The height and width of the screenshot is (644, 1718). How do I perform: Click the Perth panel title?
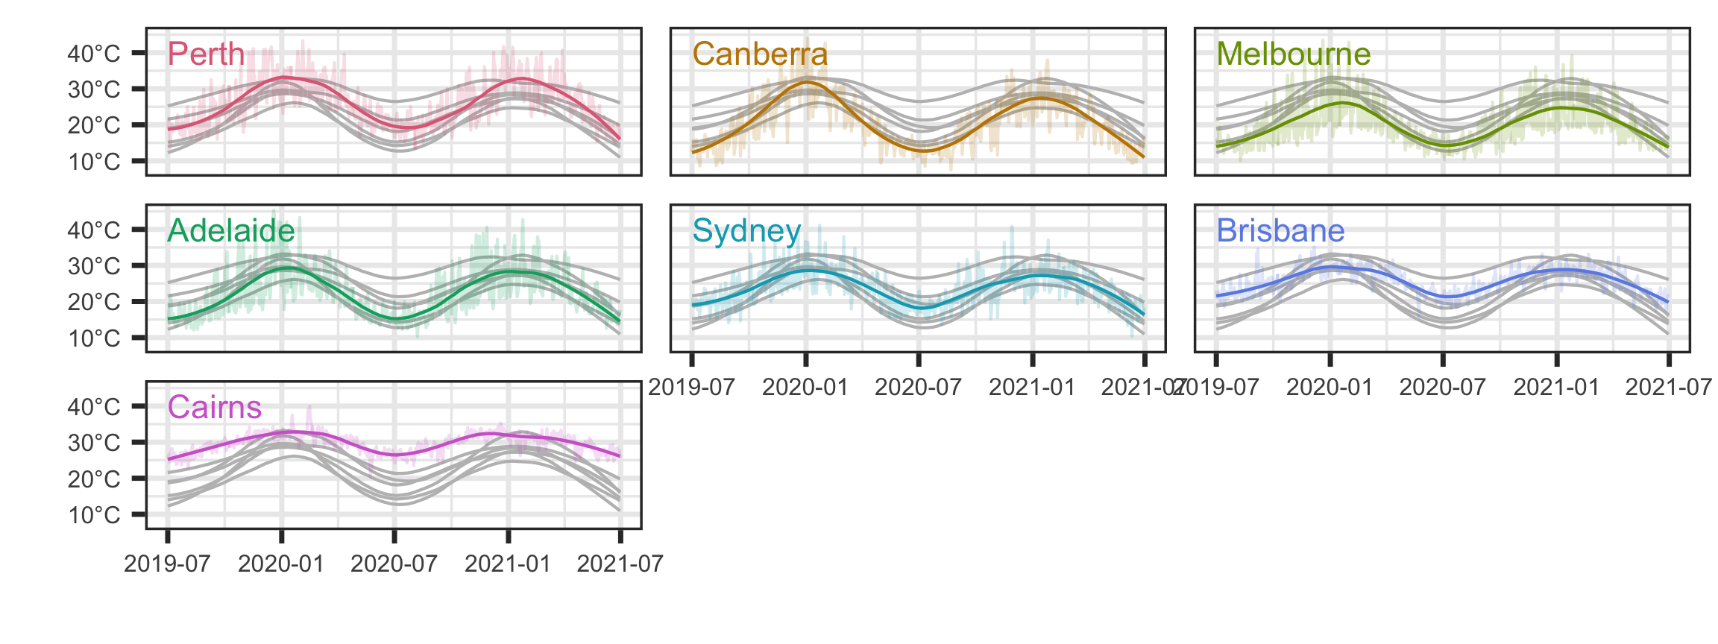coord(206,54)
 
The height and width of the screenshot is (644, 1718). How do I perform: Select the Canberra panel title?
coord(760,54)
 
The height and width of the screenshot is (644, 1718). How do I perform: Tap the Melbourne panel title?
coord(1294,54)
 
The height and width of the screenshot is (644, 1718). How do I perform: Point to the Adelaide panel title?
coord(231,231)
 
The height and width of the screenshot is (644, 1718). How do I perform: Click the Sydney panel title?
coord(746,231)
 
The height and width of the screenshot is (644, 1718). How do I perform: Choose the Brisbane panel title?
coord(1280,231)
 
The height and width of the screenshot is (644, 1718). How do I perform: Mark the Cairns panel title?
coord(215,408)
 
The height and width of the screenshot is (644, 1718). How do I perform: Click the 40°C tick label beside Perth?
coord(94,54)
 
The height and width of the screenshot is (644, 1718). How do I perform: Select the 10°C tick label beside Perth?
coord(94,162)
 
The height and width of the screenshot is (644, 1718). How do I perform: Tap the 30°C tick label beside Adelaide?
coord(94,266)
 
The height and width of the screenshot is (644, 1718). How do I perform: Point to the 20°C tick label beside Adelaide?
coord(94,302)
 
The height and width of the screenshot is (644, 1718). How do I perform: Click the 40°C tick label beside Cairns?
coord(94,407)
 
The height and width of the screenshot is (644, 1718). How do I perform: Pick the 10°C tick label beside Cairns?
coord(94,515)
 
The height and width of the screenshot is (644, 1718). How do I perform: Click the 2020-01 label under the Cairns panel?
coord(281,564)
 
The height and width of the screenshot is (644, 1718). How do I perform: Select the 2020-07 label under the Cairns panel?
coord(394,564)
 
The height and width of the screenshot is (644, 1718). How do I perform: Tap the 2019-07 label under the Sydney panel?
coord(691,388)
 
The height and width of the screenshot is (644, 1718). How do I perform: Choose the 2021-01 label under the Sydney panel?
coord(1032,388)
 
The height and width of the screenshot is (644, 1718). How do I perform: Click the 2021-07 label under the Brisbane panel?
coord(1669,388)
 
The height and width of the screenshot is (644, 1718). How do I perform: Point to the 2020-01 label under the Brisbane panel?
coord(1330,388)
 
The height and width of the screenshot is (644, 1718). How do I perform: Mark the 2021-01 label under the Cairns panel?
coord(508,564)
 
